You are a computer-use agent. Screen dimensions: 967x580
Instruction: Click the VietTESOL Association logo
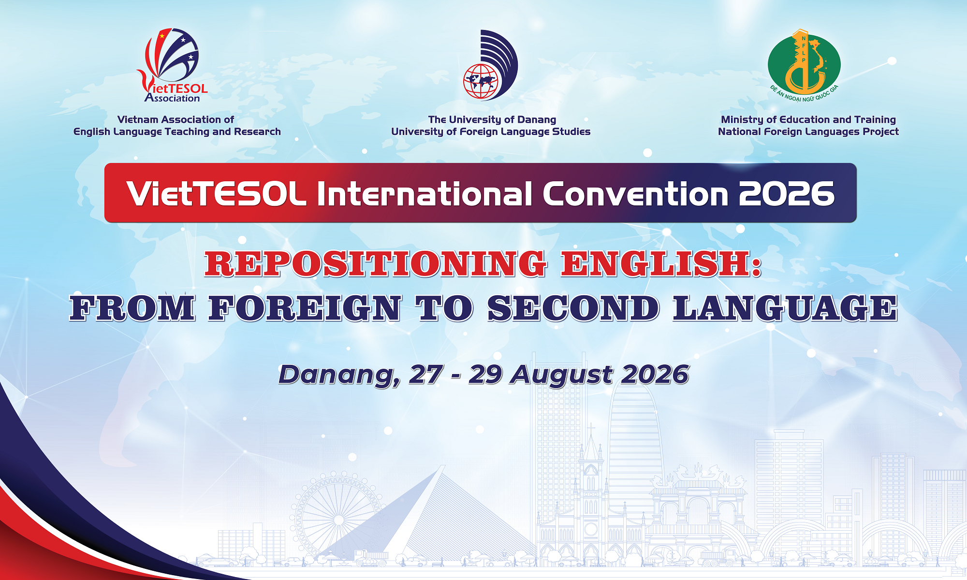click(173, 65)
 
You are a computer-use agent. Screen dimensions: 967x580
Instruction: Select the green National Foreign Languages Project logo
click(804, 66)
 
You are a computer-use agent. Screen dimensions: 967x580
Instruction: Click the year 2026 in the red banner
click(787, 194)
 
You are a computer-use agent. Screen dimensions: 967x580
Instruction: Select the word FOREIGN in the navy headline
click(305, 308)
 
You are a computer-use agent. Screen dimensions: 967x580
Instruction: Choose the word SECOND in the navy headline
click(573, 308)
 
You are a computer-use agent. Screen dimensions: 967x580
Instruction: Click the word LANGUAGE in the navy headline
click(785, 308)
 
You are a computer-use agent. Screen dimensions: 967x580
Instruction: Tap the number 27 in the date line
click(426, 375)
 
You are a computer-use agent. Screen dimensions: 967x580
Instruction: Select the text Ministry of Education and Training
click(808, 119)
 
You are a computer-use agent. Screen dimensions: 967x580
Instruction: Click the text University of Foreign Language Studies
click(491, 131)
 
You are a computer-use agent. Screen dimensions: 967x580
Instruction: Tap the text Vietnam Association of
click(176, 119)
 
